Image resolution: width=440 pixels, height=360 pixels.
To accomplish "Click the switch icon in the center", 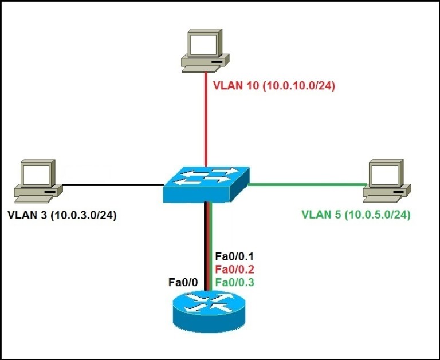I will pos(206,184).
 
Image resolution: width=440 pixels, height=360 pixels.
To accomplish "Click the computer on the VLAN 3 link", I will pos(37,180).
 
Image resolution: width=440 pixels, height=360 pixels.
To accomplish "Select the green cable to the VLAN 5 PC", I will pos(307,184).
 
